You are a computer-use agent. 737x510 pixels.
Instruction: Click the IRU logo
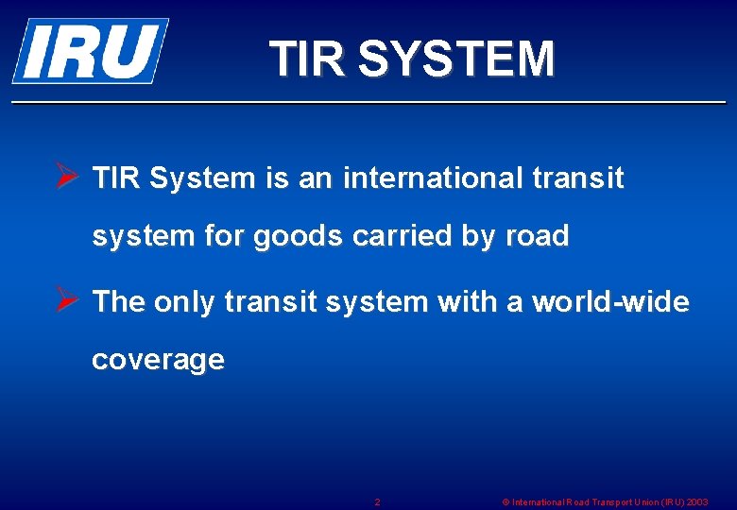[90, 50]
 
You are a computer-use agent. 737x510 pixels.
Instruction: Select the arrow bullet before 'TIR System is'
[65, 178]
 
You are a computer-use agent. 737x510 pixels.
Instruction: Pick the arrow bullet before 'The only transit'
[65, 301]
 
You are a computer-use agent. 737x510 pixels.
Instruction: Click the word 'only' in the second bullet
[185, 302]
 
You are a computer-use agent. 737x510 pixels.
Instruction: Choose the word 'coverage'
[158, 360]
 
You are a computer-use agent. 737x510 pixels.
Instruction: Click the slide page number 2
[378, 501]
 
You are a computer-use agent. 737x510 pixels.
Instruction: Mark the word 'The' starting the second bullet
[118, 302]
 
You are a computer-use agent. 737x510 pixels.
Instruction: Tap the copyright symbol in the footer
[505, 501]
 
